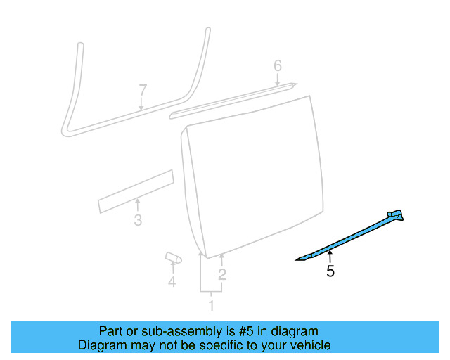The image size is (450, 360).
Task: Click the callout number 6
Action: coord(278,65)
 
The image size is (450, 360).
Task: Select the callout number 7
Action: coord(143,90)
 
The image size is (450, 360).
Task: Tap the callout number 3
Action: coord(138,221)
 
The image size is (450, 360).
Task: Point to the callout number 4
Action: coord(172,282)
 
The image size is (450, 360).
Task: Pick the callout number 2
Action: coord(222,275)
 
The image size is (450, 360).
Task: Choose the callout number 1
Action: coord(210,305)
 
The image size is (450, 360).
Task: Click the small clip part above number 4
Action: coord(173,258)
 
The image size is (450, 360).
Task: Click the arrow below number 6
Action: coord(278,82)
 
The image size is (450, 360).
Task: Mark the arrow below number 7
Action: coord(141,105)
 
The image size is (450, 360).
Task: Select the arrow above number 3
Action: coord(137,205)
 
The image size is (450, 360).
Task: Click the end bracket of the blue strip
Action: coord(396,215)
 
